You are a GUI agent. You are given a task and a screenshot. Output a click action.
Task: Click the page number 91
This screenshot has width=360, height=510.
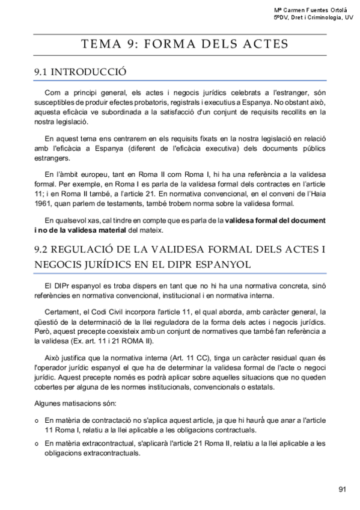342,489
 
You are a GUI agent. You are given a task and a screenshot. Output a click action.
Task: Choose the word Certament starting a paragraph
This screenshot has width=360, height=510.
63,312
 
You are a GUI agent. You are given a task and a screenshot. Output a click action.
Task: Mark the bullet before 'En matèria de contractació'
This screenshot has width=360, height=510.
37,419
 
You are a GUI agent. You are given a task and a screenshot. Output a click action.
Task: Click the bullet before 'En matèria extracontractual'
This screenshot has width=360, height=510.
37,444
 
